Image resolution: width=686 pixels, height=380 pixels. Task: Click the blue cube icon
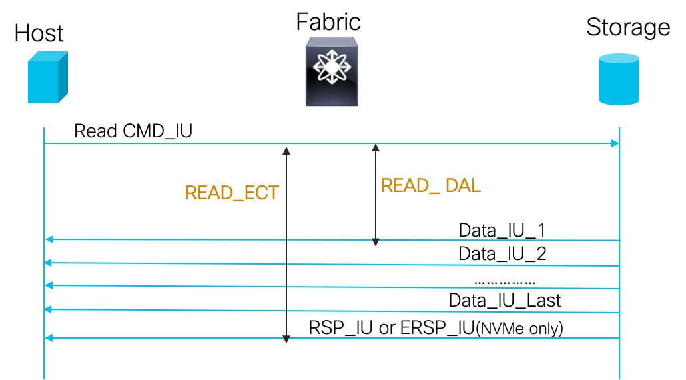(x=47, y=78)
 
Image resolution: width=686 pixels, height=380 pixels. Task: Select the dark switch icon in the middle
(x=332, y=72)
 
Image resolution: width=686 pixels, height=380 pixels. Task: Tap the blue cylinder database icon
(x=619, y=79)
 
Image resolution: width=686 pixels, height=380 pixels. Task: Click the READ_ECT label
(x=232, y=193)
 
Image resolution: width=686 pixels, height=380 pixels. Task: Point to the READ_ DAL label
(x=430, y=186)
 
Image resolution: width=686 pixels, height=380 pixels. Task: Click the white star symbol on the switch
(x=332, y=67)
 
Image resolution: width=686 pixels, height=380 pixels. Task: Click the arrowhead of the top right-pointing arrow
(x=616, y=143)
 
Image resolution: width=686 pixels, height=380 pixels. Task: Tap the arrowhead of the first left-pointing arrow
(x=48, y=239)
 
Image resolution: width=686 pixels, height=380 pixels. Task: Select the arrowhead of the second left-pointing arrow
(x=47, y=263)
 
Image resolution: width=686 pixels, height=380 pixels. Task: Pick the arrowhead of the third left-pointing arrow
(x=48, y=285)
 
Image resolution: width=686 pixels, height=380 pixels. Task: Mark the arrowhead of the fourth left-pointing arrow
(x=47, y=309)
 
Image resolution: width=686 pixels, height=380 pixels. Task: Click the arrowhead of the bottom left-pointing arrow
(x=48, y=338)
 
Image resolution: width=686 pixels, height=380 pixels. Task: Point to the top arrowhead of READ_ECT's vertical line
(x=286, y=150)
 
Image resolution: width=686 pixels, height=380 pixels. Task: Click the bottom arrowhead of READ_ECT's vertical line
(x=286, y=339)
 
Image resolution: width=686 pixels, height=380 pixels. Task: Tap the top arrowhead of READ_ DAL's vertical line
(x=376, y=147)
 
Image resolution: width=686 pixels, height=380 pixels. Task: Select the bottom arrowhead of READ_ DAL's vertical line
(x=376, y=243)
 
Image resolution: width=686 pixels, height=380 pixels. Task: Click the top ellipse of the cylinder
(x=619, y=59)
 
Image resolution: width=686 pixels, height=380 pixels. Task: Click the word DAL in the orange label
(x=463, y=186)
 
